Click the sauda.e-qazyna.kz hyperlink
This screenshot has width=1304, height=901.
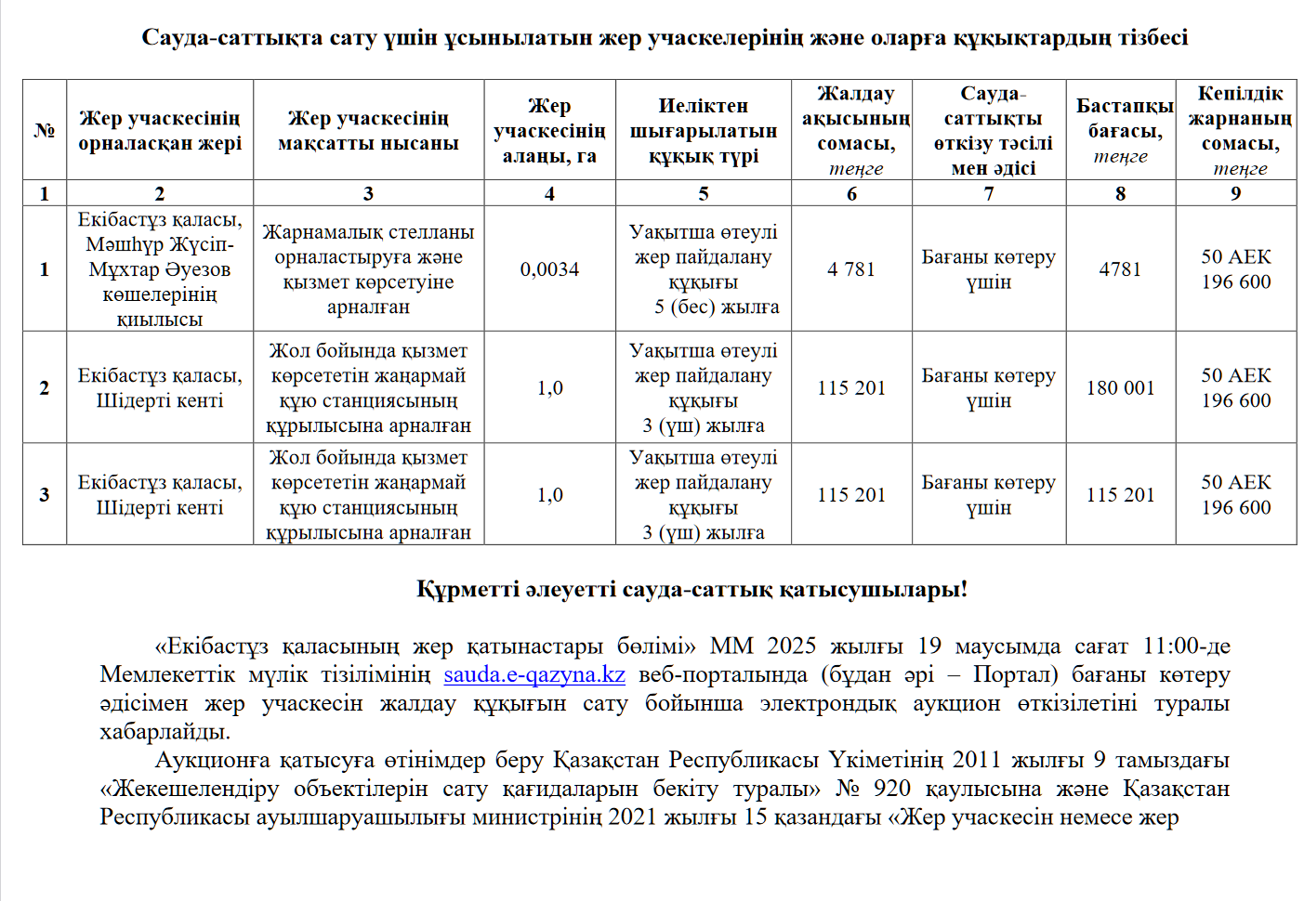pos(534,674)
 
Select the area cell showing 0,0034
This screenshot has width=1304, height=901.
pos(549,269)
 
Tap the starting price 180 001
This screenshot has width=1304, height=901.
pos(1120,388)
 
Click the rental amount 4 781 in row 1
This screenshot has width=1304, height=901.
pos(851,269)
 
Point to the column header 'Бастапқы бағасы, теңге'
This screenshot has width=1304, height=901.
pos(1121,131)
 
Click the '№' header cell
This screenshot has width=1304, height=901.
pos(45,131)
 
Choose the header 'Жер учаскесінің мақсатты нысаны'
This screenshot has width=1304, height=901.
pos(368,131)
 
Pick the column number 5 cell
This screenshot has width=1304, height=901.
pos(704,193)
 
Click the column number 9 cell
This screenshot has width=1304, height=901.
pos(1235,193)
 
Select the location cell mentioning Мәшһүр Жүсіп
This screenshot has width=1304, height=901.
pos(160,269)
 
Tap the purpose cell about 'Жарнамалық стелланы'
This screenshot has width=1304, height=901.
pos(368,269)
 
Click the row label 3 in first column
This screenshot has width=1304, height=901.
pos(45,495)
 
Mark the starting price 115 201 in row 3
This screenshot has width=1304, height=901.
pos(1120,495)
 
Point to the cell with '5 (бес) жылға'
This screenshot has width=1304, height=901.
pos(704,269)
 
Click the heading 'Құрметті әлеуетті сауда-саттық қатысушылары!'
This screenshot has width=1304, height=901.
pos(692,590)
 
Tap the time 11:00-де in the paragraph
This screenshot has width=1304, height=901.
pos(1187,646)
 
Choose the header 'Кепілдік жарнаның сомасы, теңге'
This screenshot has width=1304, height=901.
pos(1237,131)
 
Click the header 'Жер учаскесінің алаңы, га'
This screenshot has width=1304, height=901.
pos(549,131)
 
